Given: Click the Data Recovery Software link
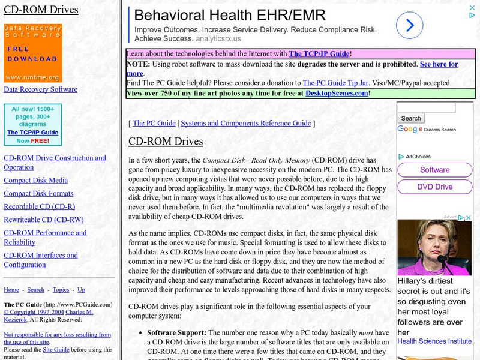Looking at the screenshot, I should [x=40, y=89].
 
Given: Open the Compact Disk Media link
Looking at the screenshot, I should [x=35, y=181].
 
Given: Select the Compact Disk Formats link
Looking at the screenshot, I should [x=38, y=194].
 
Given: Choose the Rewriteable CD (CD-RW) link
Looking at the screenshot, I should [x=43, y=220].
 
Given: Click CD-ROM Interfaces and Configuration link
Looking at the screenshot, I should [x=41, y=260].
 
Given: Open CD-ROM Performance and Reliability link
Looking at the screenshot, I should [x=45, y=238].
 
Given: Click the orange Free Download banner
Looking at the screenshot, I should [x=32, y=53].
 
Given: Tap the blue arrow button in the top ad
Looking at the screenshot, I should [x=410, y=25].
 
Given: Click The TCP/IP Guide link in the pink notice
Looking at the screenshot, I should [x=319, y=54].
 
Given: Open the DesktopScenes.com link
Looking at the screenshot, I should [x=337, y=94].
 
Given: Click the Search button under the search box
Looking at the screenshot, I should [x=411, y=119].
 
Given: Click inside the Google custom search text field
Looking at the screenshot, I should [x=427, y=108].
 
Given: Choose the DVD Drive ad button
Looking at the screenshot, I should [x=435, y=187].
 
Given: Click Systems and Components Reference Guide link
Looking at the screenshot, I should [x=246, y=123].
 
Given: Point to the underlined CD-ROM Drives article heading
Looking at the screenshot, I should [x=166, y=142].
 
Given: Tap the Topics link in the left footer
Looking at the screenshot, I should [x=61, y=290].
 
